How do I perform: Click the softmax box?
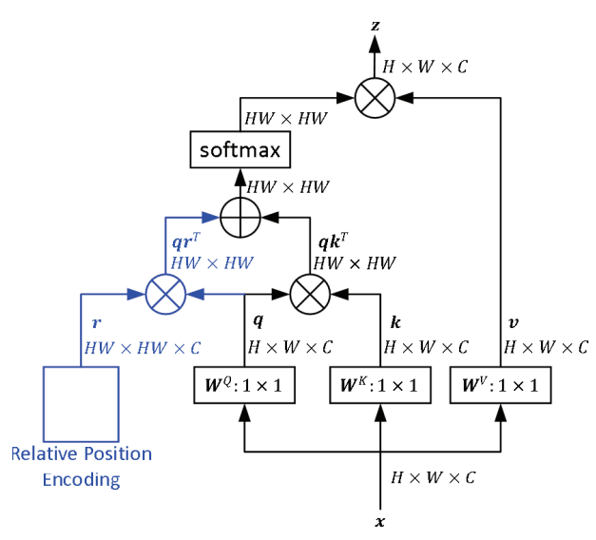click(239, 150)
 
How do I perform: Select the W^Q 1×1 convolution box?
click(246, 385)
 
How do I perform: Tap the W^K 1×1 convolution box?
click(380, 385)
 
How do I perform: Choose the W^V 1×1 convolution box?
click(501, 385)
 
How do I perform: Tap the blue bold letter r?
click(96, 324)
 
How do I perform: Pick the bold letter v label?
click(514, 323)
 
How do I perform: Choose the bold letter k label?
click(395, 324)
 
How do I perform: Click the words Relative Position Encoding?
click(81, 466)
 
